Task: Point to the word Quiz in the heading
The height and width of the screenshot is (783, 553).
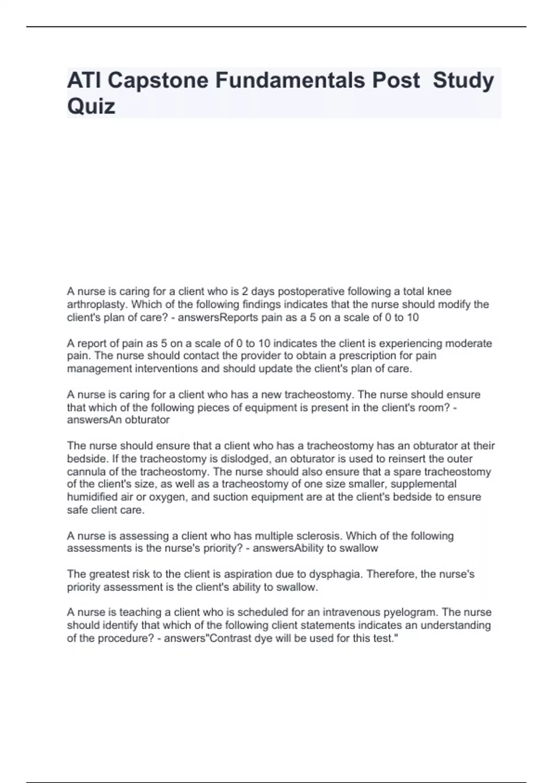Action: click(x=91, y=106)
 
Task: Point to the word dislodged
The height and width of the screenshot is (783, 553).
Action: click(x=250, y=459)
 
